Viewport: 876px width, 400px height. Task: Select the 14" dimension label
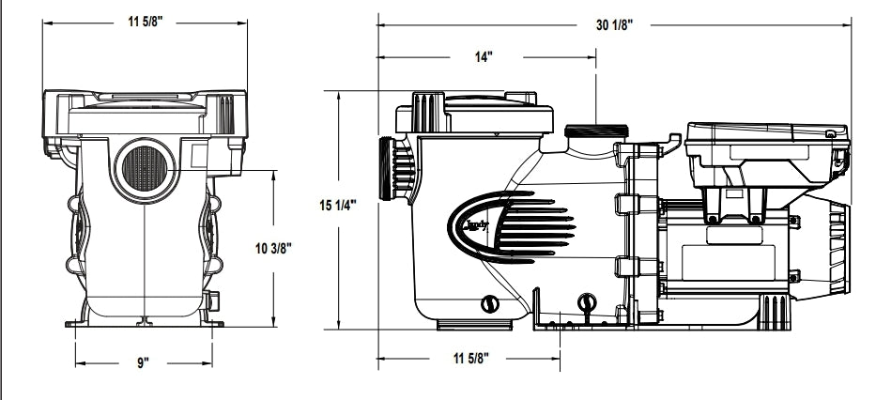[x=484, y=57]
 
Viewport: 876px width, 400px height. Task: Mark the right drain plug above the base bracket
[x=589, y=301]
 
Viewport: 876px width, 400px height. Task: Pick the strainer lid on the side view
[x=469, y=115]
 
